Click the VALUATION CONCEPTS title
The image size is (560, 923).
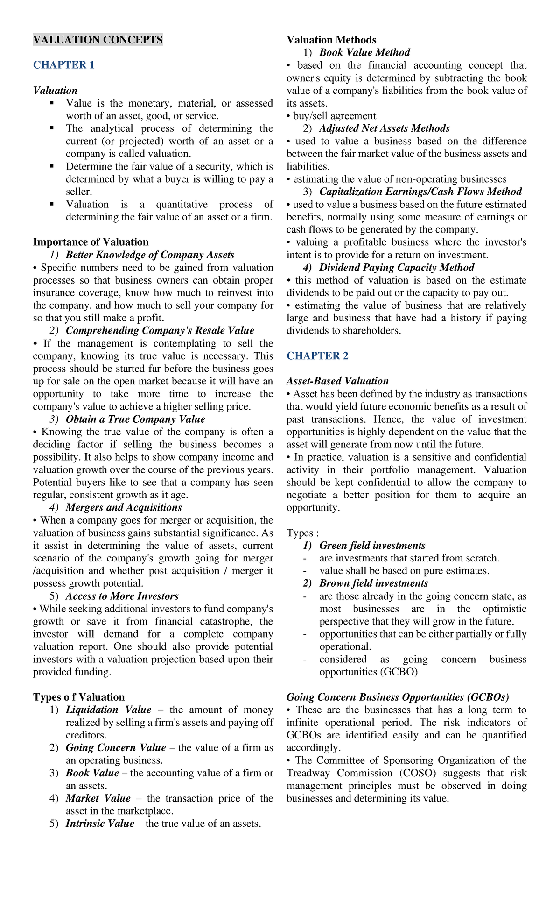pos(98,40)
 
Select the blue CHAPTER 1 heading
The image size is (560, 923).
pos(63,65)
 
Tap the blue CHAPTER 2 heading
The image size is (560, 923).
pos(317,356)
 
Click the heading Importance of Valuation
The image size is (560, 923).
pos(91,242)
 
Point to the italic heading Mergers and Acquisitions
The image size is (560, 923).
pos(124,507)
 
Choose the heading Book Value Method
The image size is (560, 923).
pos(364,52)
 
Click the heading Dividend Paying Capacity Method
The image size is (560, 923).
pos(397,268)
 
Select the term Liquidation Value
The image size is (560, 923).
pos(108,710)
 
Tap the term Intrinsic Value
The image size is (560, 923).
pos(100,823)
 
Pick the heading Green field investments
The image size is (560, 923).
pos(372,546)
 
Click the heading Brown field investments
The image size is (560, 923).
pos(373,583)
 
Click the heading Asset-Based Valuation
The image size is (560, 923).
pos(337,381)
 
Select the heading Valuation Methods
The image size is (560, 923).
pos(331,40)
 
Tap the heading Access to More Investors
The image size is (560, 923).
pos(122,596)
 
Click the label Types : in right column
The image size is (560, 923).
pos(302,533)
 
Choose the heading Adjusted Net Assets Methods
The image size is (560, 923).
pos(384,128)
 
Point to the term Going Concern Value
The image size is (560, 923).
pos(116,747)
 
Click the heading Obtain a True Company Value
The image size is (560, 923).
pos(135,419)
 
